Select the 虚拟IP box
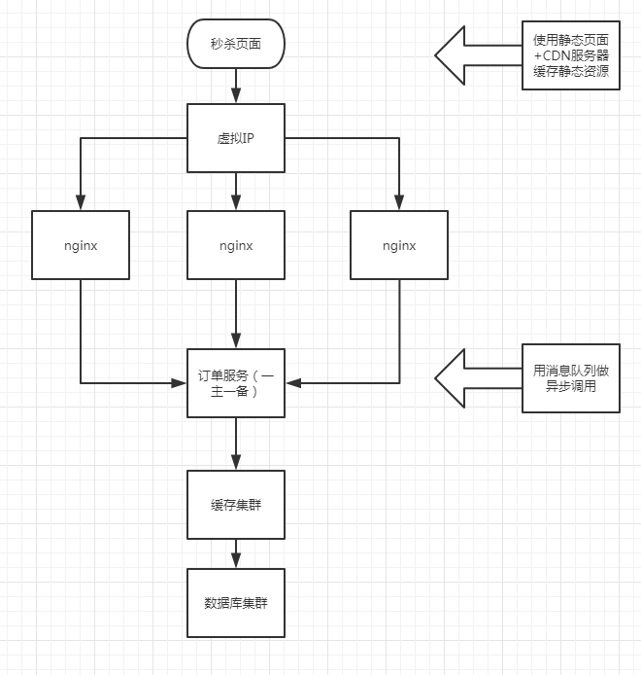[x=235, y=138]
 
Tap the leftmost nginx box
[x=80, y=245]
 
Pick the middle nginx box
[x=235, y=245]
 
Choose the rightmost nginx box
[x=399, y=245]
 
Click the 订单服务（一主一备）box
[x=235, y=382]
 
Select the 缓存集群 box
[x=235, y=505]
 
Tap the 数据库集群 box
[x=235, y=603]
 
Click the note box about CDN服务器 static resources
[x=570, y=55]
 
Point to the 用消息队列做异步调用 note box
[x=570, y=377]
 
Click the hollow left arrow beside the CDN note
[x=476, y=55]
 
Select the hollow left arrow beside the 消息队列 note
[x=476, y=377]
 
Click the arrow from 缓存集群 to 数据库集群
[x=235, y=554]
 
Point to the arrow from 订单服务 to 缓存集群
[x=235, y=444]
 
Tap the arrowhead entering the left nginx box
[x=80, y=203]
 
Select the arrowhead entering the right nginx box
[x=399, y=203]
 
